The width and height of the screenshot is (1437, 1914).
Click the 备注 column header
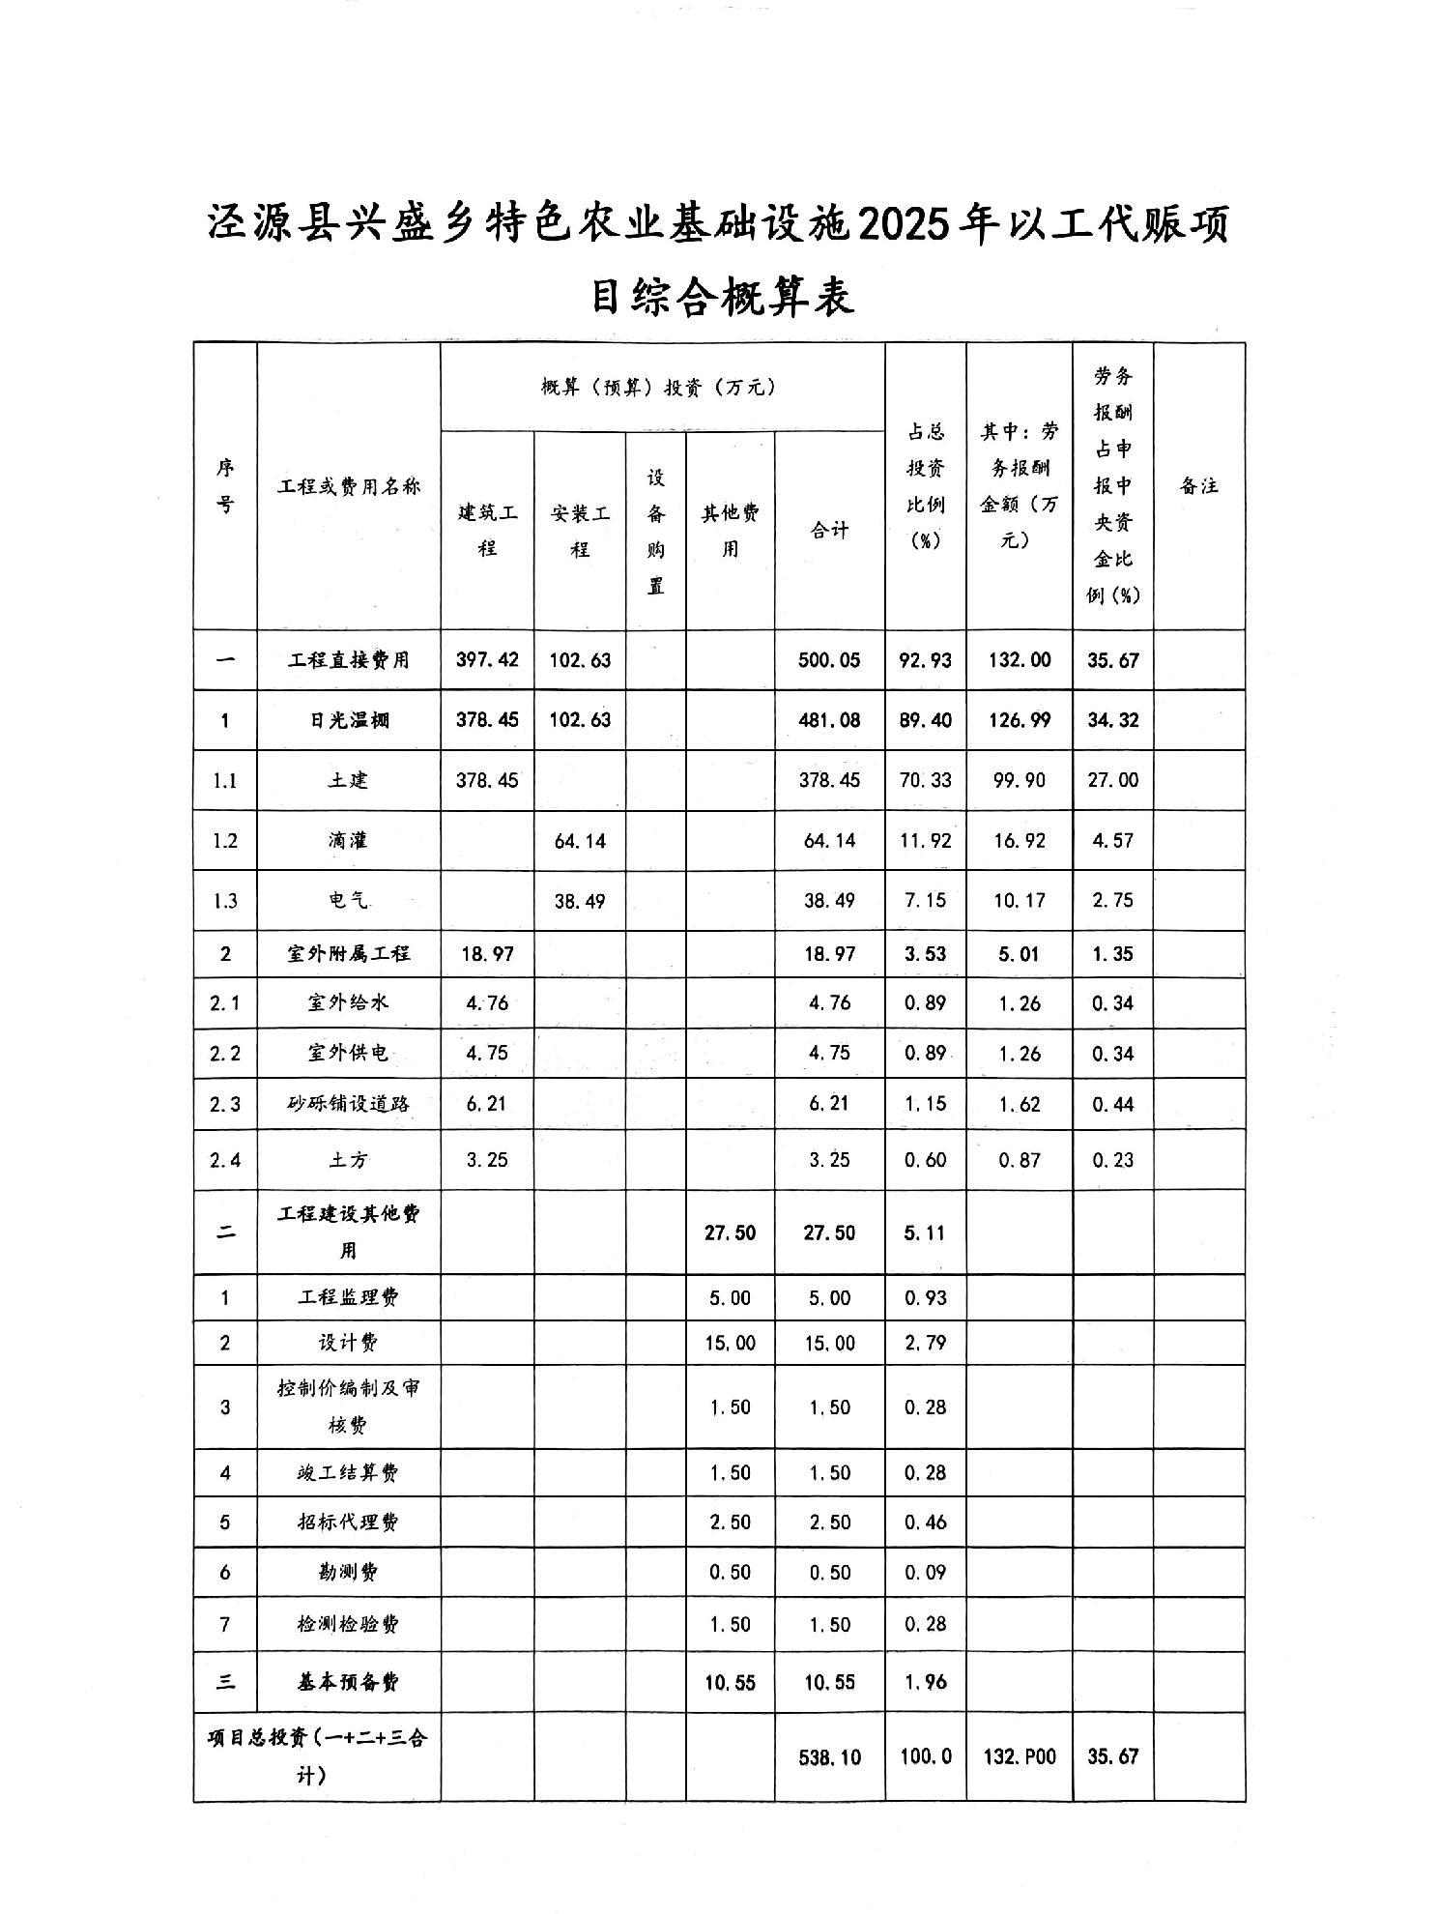coord(1198,486)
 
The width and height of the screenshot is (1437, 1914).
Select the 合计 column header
coord(829,530)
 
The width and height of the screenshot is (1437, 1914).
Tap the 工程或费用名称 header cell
coord(349,486)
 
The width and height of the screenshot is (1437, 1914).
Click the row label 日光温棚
coord(349,720)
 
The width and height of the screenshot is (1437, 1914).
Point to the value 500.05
coord(829,660)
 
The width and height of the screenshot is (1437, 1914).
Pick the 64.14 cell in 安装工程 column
coord(580,841)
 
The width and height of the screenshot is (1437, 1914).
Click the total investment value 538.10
coord(829,1756)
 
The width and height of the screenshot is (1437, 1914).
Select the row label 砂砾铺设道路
coord(349,1104)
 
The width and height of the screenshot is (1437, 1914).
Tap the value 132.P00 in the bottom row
coord(1019,1756)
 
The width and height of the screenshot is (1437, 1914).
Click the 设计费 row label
coord(349,1343)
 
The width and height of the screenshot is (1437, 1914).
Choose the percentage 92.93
coord(925,660)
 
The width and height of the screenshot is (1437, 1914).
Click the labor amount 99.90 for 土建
coord(1019,780)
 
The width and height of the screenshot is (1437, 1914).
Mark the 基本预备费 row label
coord(349,1682)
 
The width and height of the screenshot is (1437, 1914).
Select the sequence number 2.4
coord(224,1160)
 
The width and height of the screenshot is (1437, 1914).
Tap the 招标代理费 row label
coord(349,1522)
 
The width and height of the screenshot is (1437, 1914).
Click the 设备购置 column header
coord(656,531)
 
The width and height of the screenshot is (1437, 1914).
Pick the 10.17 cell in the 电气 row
coord(1019,901)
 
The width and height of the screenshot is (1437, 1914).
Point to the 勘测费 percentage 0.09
coord(925,1573)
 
